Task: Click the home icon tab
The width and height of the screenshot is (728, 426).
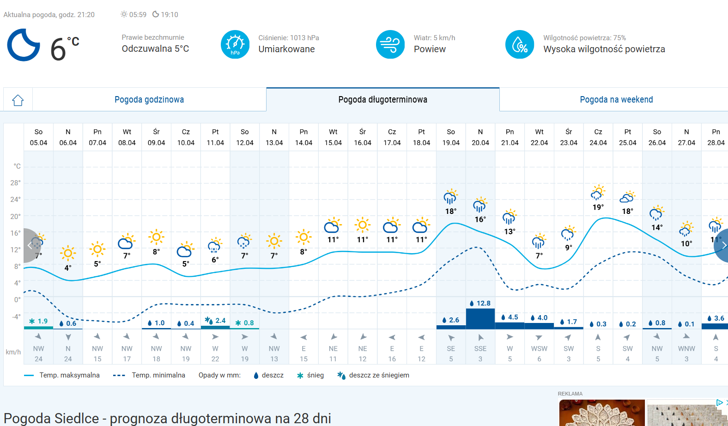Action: pos(18,100)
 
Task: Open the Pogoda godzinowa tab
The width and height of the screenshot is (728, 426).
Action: pos(149,100)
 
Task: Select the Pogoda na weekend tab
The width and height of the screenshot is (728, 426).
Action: pos(616,100)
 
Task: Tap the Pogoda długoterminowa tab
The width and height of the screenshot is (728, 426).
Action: pos(382,100)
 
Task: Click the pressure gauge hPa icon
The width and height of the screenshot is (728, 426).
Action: pos(235,44)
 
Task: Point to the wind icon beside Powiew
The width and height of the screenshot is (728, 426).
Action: pos(390,44)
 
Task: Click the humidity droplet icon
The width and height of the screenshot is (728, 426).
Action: pos(520,44)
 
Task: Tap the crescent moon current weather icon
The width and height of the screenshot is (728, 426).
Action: pos(23,45)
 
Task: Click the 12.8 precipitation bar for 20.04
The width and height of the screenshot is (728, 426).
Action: pos(480,318)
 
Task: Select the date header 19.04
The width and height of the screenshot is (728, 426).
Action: pos(451,143)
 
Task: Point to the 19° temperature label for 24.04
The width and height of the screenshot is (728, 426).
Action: pos(598,207)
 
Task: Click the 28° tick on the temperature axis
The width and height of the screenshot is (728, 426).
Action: pos(16,183)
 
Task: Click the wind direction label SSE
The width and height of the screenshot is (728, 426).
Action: pos(480,349)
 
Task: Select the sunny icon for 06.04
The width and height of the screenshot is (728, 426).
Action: pos(68,253)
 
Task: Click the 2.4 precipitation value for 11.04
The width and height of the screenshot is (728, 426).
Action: pos(220,321)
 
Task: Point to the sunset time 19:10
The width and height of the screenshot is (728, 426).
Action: pos(170,15)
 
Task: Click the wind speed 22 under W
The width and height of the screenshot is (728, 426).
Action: pos(215,359)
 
